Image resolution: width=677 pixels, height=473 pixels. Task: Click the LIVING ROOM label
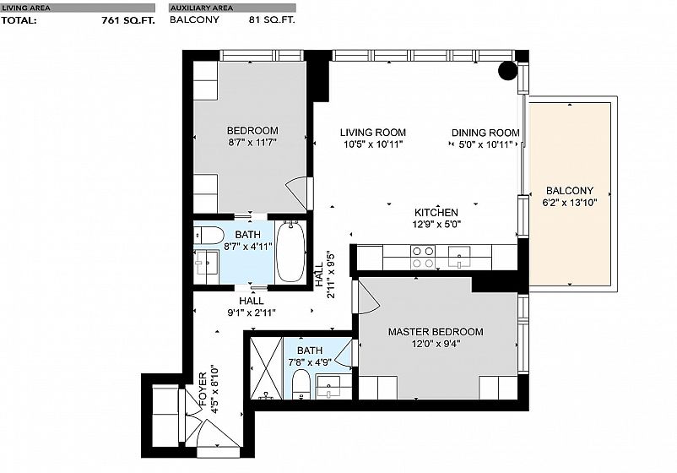click(x=372, y=133)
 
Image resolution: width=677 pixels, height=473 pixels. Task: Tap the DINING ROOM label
click(x=485, y=133)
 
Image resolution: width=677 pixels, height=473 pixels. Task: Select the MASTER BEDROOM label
click(x=436, y=332)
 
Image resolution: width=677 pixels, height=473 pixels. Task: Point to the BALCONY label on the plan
click(x=570, y=191)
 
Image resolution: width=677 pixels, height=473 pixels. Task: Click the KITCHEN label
click(x=436, y=213)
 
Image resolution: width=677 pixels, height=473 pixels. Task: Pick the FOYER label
click(x=203, y=389)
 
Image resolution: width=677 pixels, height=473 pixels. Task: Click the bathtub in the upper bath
click(x=290, y=252)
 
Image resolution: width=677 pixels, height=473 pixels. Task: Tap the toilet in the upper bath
click(x=209, y=236)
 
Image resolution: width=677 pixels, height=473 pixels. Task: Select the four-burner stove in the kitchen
click(x=423, y=257)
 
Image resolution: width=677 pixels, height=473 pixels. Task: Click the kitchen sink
click(x=459, y=257)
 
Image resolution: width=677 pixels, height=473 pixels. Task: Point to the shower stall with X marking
click(x=266, y=368)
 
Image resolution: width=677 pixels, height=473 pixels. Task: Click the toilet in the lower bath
click(x=301, y=384)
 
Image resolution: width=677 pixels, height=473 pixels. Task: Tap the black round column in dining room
click(x=508, y=71)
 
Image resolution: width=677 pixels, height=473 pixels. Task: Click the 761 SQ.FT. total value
click(x=128, y=20)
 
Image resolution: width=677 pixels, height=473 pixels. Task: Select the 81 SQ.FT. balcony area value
click(x=272, y=19)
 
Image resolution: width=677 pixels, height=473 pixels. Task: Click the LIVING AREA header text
click(x=26, y=8)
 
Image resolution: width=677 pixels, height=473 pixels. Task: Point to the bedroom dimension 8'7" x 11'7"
click(x=252, y=142)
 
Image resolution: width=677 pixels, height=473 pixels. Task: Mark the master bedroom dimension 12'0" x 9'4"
click(x=436, y=344)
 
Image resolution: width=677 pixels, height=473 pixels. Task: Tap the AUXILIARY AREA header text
click(x=202, y=8)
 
